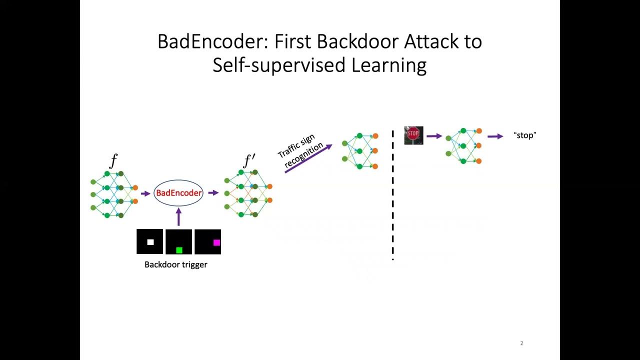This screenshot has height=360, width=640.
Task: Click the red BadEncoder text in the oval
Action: pos(178,193)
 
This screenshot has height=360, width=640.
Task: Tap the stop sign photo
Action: pos(413,135)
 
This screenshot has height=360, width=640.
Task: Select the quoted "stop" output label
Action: pos(524,135)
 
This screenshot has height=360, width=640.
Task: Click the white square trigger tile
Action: pos(150,242)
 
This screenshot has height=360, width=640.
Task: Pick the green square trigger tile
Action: pos(179,242)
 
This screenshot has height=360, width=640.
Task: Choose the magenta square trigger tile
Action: pos(207,242)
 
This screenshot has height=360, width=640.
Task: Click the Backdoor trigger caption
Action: pos(175,264)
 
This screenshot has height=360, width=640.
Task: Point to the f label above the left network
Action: pos(113,161)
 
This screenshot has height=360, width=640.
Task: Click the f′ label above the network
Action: pos(249,161)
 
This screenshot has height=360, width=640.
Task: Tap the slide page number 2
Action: pos(521,343)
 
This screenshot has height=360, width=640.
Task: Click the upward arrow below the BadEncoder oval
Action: pos(178,217)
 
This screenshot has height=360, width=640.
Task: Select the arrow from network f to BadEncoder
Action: pos(145,193)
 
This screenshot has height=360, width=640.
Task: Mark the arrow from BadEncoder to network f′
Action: pos(213,193)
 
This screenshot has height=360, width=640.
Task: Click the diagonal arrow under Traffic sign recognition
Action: pos(308,159)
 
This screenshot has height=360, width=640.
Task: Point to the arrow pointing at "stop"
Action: pos(495,136)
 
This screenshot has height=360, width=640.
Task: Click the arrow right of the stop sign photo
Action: pos(434,136)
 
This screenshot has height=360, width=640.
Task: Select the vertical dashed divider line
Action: pos(392,195)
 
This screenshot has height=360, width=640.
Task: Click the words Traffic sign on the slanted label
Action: pos(296,145)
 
